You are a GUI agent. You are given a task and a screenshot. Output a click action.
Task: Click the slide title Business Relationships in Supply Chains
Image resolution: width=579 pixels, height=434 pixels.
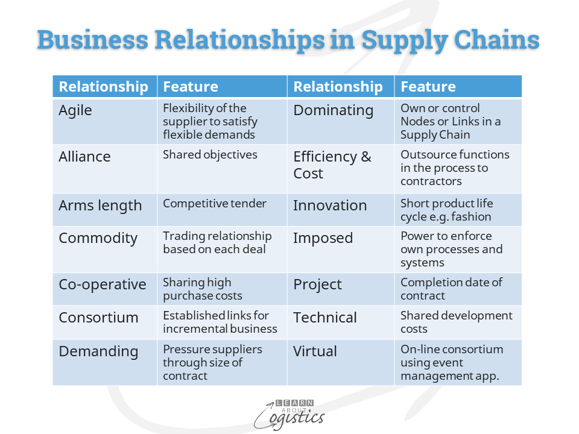click(288, 40)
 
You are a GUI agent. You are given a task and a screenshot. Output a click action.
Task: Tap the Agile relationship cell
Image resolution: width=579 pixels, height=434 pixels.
click(75, 110)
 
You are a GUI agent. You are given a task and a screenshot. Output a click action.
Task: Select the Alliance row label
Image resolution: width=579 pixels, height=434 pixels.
click(84, 157)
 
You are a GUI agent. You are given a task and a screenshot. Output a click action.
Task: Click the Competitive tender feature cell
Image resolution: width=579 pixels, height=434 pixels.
click(214, 204)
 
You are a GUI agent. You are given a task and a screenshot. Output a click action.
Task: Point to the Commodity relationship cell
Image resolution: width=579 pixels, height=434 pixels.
click(98, 238)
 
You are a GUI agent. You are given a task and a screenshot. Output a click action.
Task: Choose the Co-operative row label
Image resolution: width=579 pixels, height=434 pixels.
click(102, 285)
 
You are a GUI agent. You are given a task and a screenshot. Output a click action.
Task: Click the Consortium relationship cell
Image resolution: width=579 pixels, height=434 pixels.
click(98, 318)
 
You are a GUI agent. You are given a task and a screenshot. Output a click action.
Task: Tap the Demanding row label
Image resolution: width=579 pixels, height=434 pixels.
click(98, 351)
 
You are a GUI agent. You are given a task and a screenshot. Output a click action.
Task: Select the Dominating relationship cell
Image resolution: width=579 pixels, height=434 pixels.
click(333, 110)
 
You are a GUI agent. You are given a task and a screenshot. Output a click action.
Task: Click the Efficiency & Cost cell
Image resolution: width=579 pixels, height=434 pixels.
click(332, 165)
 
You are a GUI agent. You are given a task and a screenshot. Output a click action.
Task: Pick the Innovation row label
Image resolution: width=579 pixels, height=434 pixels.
click(330, 206)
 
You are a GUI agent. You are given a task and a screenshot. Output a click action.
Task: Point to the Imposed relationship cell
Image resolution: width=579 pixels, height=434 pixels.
click(323, 238)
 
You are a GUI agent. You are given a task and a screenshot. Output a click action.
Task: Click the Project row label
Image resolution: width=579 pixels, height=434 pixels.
click(317, 285)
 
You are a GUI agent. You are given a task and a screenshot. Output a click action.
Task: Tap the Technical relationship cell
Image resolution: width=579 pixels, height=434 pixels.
click(325, 318)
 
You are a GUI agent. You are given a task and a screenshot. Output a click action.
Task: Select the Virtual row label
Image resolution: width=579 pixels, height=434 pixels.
click(315, 351)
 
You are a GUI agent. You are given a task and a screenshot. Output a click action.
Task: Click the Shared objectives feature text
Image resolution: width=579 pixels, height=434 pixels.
click(210, 155)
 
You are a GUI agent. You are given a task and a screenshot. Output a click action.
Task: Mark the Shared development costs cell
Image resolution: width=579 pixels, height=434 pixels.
click(456, 322)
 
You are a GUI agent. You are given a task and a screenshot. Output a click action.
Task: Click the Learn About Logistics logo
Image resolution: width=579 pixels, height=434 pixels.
click(289, 414)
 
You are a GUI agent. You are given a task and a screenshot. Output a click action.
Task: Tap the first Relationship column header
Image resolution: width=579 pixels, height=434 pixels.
click(103, 87)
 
